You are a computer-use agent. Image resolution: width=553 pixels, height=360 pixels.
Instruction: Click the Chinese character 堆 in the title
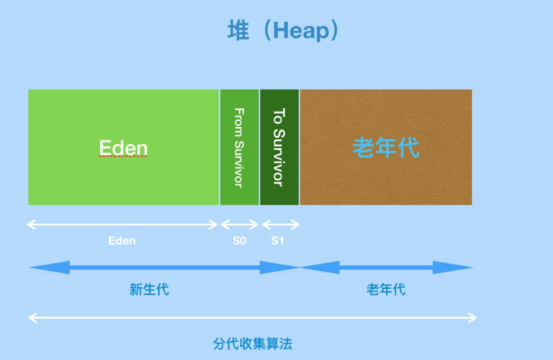pyautogui.click(x=240, y=30)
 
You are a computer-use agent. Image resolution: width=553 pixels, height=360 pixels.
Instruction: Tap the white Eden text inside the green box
pyautogui.click(x=124, y=148)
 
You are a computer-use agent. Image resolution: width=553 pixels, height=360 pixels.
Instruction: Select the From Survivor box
pyautogui.click(x=239, y=146)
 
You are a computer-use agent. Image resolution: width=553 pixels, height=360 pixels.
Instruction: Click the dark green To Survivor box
pyautogui.click(x=279, y=146)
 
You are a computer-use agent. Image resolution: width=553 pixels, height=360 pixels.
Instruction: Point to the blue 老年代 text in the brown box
pyautogui.click(x=386, y=147)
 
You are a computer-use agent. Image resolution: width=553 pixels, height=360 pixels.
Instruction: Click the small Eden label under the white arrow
pyautogui.click(x=122, y=241)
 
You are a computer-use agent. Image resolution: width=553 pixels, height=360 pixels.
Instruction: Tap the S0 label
pyautogui.click(x=239, y=241)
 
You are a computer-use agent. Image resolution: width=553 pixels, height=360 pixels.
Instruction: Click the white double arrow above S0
pyautogui.click(x=239, y=225)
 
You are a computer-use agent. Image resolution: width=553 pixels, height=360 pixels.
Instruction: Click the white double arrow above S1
pyautogui.click(x=281, y=225)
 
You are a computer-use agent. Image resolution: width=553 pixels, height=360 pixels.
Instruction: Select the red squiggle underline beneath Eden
pyautogui.click(x=124, y=158)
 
